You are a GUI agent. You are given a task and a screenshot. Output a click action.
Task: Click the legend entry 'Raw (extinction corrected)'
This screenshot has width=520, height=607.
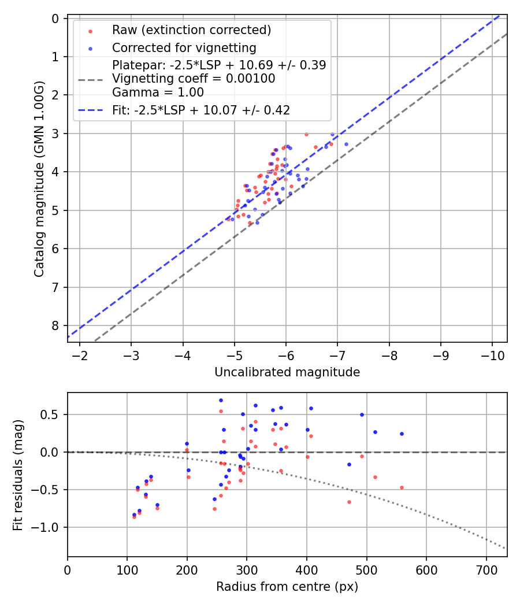[x=191, y=29]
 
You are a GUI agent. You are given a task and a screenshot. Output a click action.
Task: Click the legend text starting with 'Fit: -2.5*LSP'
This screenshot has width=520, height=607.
[x=200, y=110]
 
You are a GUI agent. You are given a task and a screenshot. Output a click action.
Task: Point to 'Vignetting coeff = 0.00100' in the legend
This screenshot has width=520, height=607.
[x=194, y=79]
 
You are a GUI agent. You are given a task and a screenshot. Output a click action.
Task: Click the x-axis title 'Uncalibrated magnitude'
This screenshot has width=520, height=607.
[x=287, y=372]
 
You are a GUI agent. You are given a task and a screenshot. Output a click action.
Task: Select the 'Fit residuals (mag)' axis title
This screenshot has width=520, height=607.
[x=17, y=474]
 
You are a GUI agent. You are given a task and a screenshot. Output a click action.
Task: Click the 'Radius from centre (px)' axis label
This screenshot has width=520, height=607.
[x=287, y=587]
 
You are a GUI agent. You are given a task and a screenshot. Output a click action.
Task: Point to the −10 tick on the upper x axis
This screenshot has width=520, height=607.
[x=492, y=354]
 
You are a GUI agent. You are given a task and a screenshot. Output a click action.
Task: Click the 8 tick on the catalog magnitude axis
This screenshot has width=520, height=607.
[x=55, y=325]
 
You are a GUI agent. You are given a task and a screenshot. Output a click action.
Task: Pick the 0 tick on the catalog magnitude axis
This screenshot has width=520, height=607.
[x=55, y=18]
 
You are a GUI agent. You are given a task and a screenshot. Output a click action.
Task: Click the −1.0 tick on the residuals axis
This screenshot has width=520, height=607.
[x=49, y=527]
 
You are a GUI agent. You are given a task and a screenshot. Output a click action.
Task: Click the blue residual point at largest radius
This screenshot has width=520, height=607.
[x=402, y=434]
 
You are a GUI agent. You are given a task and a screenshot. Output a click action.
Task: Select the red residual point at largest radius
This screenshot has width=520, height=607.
[x=402, y=487]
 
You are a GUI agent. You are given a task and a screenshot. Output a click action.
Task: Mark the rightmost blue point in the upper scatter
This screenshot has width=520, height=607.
[x=346, y=144]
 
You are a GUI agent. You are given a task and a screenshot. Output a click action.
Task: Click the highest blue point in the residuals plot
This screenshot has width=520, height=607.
[x=221, y=400]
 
